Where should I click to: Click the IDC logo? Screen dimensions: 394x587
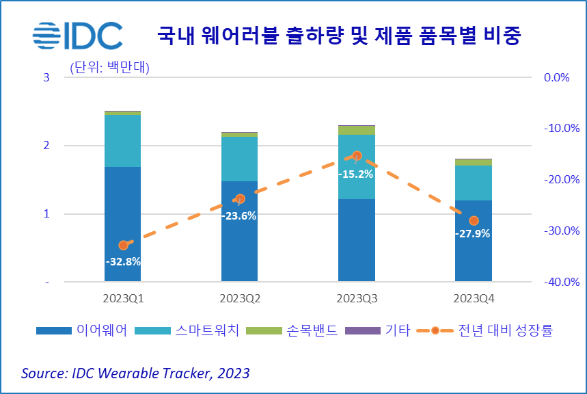tap(78, 34)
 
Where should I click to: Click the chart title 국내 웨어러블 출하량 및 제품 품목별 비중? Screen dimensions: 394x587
tap(339, 36)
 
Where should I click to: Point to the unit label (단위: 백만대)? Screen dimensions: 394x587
tap(110, 67)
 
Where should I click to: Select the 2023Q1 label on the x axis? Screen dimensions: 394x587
tap(123, 299)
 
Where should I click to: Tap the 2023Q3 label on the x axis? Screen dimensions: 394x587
tap(357, 299)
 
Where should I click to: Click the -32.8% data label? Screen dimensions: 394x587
tap(123, 261)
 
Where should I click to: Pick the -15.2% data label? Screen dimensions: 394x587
tap(356, 174)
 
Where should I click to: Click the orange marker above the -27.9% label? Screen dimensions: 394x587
tap(474, 221)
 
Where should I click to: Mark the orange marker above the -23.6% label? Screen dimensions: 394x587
tap(240, 199)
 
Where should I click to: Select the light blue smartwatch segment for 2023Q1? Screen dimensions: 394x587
tap(123, 140)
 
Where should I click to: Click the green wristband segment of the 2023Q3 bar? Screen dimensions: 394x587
tap(357, 130)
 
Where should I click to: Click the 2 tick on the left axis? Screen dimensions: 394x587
tap(46, 146)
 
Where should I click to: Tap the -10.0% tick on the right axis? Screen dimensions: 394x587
tap(561, 129)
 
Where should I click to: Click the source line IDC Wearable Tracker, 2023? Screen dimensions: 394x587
tap(135, 373)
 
